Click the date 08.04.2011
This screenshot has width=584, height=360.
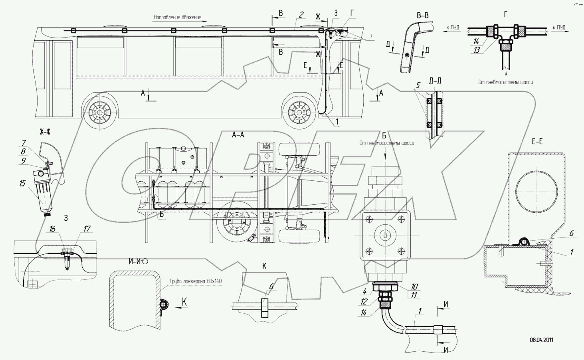click(541, 340)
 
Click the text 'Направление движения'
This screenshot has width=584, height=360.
click(178, 18)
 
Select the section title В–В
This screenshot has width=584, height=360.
click(422, 16)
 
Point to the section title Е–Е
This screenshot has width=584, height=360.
click(537, 141)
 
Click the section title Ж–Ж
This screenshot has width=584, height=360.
click(45, 133)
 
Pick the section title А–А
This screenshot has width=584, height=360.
click(238, 135)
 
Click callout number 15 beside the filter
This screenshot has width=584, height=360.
click(22, 183)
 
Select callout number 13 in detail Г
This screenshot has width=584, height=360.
click(476, 51)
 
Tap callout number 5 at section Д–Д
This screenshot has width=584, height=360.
click(418, 85)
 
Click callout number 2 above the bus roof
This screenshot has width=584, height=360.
click(301, 15)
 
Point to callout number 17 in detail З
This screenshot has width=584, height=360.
click(87, 229)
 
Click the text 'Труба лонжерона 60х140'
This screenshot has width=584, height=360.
click(196, 281)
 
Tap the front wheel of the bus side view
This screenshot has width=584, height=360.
click(299, 110)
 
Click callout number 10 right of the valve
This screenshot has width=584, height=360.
click(414, 287)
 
